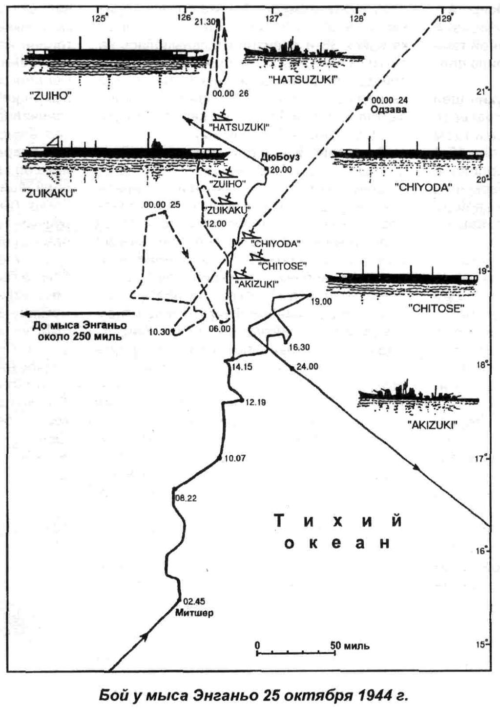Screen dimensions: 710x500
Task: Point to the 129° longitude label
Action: [444, 19]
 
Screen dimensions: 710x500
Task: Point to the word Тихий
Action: [338, 520]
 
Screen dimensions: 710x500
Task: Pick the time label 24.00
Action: [307, 366]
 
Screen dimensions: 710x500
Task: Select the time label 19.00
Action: [321, 301]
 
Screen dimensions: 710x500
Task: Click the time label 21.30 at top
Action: [204, 22]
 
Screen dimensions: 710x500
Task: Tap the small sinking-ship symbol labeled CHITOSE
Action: [257, 256]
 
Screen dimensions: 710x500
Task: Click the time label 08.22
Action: [186, 498]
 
